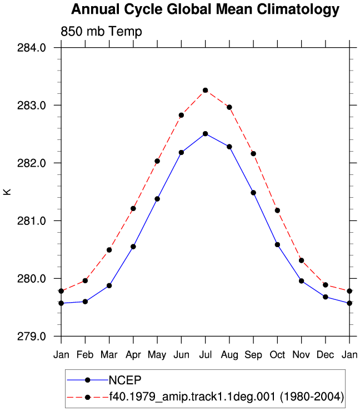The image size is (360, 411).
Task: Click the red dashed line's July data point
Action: pos(206,91)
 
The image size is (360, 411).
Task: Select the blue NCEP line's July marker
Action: pos(206,134)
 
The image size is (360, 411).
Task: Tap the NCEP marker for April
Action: pos(133,247)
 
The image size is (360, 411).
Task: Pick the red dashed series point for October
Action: pos(277,210)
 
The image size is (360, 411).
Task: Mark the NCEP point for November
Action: pos(302,281)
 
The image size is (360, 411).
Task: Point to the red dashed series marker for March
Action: pos(109,250)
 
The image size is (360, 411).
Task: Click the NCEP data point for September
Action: pos(253,193)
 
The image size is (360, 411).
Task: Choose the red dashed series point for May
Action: pos(157,161)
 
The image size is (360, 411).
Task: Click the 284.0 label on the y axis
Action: pos(32,48)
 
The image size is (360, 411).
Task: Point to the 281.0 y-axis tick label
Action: pos(32,221)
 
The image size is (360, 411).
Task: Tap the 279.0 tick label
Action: pos(32,337)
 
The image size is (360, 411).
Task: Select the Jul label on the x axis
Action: pos(206,355)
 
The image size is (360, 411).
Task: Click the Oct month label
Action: pos(277,355)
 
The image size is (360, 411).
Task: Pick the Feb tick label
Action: pos(85,355)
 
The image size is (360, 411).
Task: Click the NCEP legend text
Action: pos(125,380)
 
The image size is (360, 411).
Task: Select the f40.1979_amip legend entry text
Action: pos(227,397)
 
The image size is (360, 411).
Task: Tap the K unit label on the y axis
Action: pos(7,192)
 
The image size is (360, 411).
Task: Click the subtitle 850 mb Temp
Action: pos(101,32)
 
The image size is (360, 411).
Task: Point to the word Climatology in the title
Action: pos(298,9)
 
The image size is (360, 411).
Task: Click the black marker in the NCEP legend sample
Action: pos(88,380)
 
